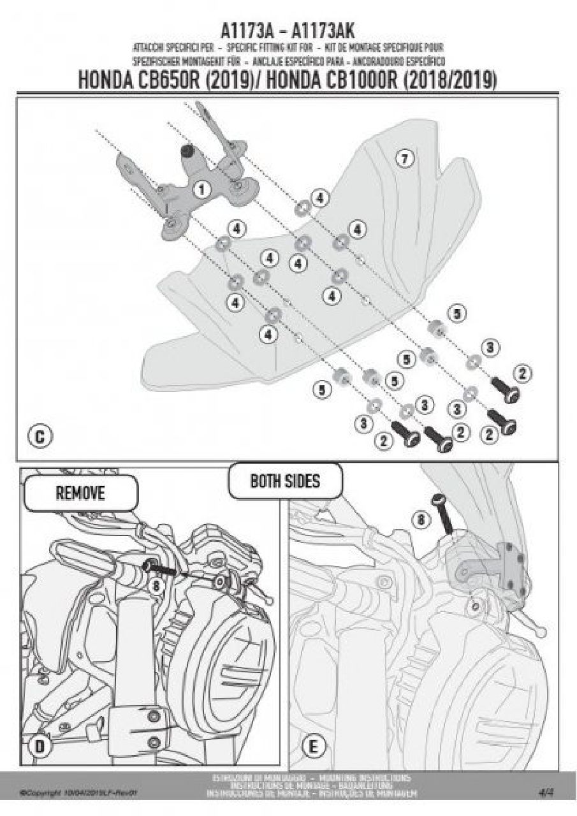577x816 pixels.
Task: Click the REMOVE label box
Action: click(x=80, y=493)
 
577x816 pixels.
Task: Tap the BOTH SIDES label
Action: click(x=285, y=481)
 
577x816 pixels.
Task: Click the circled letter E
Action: click(x=314, y=745)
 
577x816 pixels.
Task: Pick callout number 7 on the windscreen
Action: click(x=402, y=159)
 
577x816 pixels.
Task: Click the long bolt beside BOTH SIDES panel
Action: click(x=444, y=514)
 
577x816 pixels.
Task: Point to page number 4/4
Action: click(x=546, y=792)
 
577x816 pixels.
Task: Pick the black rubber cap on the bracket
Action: click(x=188, y=151)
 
